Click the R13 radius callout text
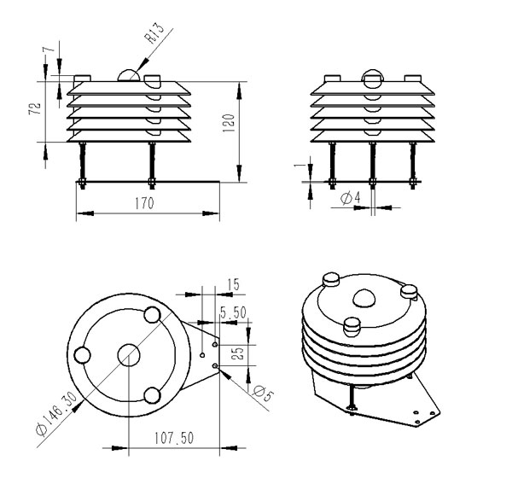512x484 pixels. coord(154,33)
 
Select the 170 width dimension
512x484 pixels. coord(144,203)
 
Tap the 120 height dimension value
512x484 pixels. coord(229,123)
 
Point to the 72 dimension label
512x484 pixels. coord(35,108)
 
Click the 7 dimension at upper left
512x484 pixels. coord(49,49)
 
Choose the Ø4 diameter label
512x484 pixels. coord(351,197)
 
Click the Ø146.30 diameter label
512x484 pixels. coord(57,413)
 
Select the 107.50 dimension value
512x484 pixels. coord(174,438)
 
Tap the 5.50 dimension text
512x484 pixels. coord(233,312)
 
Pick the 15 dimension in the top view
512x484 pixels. coord(233,284)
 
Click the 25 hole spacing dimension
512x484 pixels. coord(239,353)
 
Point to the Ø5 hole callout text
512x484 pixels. coord(263,393)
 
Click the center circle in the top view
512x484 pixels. coord(129,354)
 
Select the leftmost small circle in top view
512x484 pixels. coord(82,355)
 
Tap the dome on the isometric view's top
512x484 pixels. coord(364,298)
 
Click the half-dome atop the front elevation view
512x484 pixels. coord(129,75)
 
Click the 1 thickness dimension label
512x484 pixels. coord(298,166)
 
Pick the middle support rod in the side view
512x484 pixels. coord(372,166)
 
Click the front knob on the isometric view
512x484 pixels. coord(352,327)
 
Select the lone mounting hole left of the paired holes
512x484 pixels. coord(202,355)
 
